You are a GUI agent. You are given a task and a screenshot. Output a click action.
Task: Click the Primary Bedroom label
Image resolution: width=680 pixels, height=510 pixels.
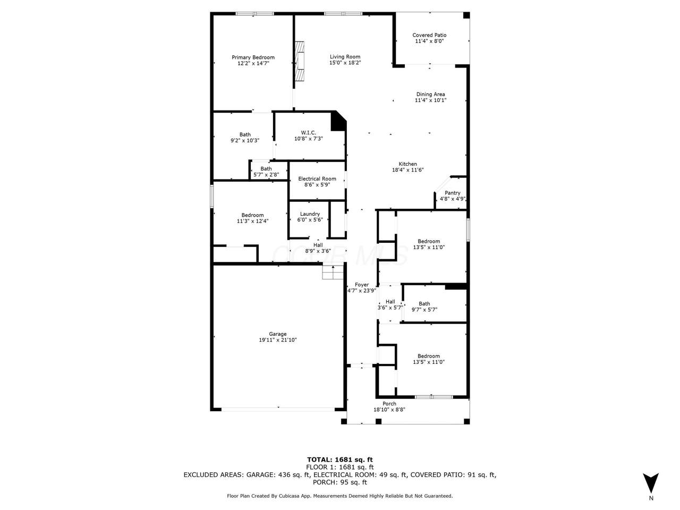pyautogui.click(x=253, y=57)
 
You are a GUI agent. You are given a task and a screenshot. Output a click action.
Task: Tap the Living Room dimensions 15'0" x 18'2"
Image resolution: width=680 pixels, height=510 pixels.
pyautogui.click(x=345, y=63)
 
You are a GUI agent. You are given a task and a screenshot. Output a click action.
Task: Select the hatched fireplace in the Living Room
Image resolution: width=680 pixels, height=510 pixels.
pyautogui.click(x=299, y=61)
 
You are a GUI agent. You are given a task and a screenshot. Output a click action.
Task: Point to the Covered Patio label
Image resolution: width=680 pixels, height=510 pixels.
pyautogui.click(x=429, y=35)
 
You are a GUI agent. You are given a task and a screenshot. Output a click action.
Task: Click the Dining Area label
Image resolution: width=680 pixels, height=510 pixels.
pyautogui.click(x=430, y=94)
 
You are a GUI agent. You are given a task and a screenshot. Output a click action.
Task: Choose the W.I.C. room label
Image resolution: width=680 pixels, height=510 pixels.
pyautogui.click(x=308, y=132)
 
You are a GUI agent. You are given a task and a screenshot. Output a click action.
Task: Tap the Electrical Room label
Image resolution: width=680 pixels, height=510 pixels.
pyautogui.click(x=317, y=178)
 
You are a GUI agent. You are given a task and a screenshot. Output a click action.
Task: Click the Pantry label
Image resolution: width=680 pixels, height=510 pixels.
pyautogui.click(x=452, y=193)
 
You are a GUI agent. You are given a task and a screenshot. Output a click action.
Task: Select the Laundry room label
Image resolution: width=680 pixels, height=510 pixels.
pyautogui.click(x=310, y=214)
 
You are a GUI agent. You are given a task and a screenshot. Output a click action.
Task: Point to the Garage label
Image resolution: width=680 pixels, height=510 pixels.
pyautogui.click(x=277, y=334)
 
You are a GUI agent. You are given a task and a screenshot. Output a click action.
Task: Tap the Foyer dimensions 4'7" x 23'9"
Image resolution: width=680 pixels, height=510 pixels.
pyautogui.click(x=362, y=291)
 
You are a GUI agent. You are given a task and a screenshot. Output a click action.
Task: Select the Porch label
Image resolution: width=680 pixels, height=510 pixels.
pyautogui.click(x=389, y=403)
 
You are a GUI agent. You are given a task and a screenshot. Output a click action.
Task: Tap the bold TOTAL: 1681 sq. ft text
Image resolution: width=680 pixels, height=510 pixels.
pyautogui.click(x=340, y=460)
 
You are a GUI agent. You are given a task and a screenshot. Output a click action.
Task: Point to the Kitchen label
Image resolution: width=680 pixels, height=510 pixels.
pyautogui.click(x=407, y=164)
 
